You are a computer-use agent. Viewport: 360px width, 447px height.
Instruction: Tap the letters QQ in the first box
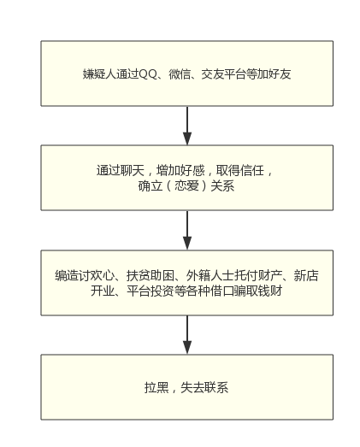pyautogui.click(x=148, y=74)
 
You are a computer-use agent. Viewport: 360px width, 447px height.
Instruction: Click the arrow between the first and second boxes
pyautogui.click(x=187, y=126)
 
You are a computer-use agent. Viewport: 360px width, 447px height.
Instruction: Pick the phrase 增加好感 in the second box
pyautogui.click(x=180, y=170)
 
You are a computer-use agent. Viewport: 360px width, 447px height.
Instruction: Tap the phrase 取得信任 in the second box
pyautogui.click(x=240, y=170)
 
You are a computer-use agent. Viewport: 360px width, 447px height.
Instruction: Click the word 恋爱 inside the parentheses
pyautogui.click(x=186, y=185)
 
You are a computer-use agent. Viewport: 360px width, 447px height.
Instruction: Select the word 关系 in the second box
pyautogui.click(x=222, y=185)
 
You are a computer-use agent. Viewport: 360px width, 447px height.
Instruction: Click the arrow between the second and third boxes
pyautogui.click(x=187, y=231)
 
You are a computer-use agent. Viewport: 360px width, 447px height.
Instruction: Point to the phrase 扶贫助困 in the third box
pyautogui.click(x=150, y=275)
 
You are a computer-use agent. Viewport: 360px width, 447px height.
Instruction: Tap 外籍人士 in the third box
pyautogui.click(x=210, y=275)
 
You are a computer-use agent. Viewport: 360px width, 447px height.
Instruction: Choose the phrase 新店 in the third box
pyautogui.click(x=306, y=275)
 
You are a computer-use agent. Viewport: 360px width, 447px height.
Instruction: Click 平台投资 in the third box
pyautogui.click(x=150, y=291)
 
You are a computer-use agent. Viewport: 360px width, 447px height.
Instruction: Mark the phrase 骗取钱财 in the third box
pyautogui.click(x=258, y=291)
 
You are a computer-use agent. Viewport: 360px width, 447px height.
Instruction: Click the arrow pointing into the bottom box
pyautogui.click(x=187, y=335)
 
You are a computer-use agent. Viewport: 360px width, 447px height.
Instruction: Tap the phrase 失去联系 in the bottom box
pyautogui.click(x=204, y=387)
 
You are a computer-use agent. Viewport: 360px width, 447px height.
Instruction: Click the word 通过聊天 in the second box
pyautogui.click(x=121, y=170)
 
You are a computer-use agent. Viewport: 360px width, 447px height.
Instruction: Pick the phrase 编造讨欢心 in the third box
pyautogui.click(x=85, y=275)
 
